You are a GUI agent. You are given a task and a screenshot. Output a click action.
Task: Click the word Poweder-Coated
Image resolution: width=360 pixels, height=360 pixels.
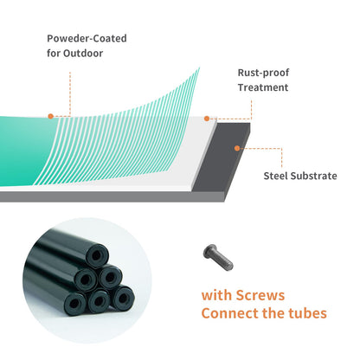(87, 38)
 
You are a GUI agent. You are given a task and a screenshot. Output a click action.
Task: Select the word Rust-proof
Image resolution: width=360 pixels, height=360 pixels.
(263, 73)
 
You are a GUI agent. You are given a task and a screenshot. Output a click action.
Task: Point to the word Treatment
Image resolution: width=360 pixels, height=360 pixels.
(263, 87)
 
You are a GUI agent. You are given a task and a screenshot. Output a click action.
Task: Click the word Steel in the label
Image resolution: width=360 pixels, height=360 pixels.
(275, 176)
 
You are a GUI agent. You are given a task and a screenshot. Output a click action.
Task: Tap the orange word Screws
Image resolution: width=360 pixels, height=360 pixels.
(260, 295)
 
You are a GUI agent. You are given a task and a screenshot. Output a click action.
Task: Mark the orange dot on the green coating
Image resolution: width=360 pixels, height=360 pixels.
(51, 116)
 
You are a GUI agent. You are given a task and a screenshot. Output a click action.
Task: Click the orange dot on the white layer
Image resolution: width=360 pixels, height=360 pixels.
(207, 119)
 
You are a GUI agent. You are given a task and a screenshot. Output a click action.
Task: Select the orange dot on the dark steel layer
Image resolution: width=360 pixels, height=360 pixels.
(237, 148)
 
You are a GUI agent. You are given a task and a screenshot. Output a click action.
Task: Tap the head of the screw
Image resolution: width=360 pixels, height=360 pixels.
(209, 252)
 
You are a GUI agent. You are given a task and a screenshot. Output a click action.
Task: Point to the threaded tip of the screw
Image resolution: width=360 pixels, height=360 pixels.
(229, 266)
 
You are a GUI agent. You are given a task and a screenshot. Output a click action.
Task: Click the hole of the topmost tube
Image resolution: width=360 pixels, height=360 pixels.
(97, 255)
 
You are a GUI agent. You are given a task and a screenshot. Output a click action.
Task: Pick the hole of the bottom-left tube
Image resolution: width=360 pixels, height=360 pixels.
(74, 304)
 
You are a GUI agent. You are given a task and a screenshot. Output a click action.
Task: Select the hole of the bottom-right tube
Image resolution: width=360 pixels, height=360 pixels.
(123, 298)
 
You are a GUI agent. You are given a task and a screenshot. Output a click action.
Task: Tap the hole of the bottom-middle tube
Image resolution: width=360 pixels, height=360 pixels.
(99, 302)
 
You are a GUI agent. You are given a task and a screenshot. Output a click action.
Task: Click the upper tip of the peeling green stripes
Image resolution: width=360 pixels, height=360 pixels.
(199, 68)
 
